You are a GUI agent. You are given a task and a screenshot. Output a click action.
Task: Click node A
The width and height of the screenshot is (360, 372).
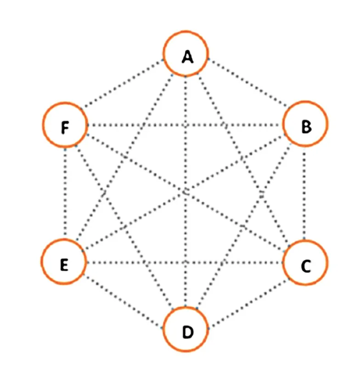tap(186, 56)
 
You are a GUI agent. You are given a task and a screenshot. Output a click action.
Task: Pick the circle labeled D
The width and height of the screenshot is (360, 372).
tap(186, 331)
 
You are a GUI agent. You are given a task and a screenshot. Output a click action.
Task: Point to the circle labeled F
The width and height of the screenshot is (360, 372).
tap(65, 125)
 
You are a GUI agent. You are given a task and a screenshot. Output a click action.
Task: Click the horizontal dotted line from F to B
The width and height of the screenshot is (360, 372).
tap(138, 125)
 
